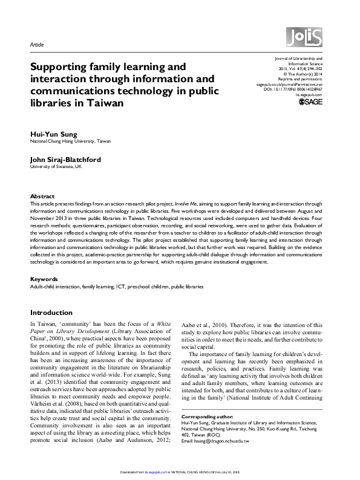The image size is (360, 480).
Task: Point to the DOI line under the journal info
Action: pyautogui.click(x=293, y=89)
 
